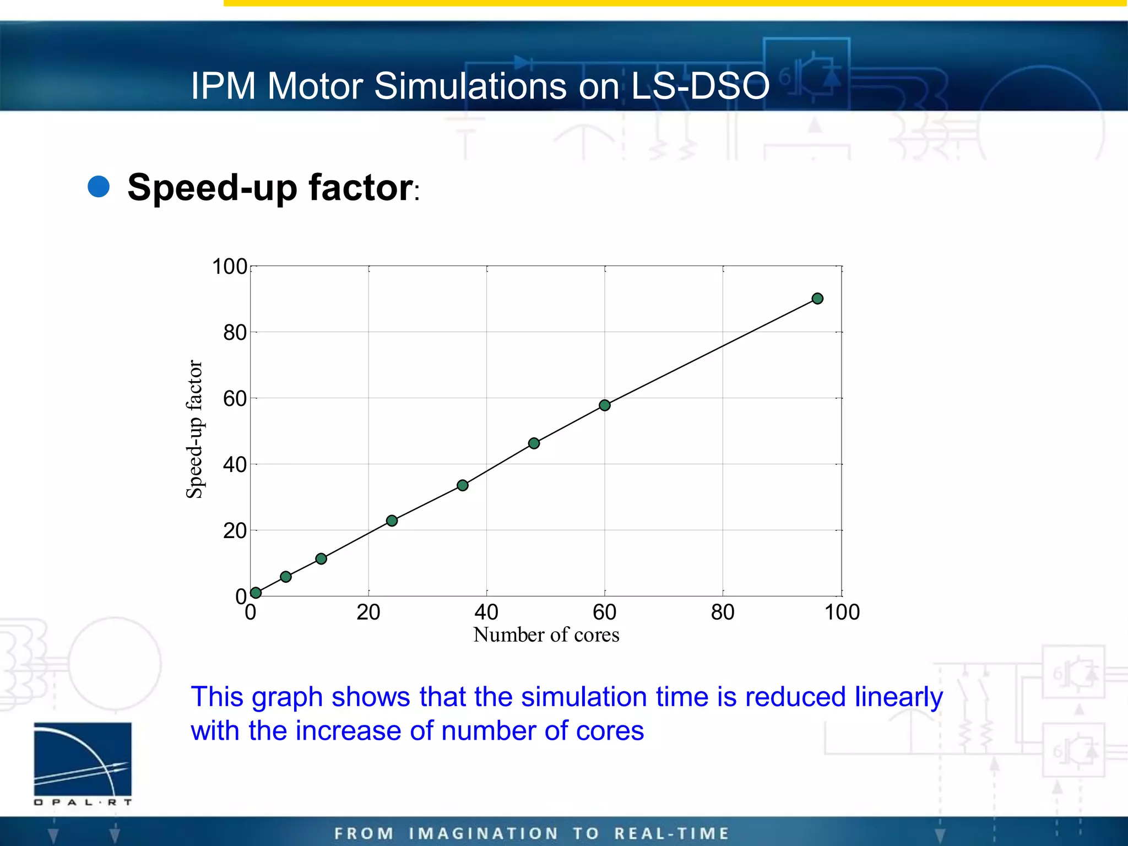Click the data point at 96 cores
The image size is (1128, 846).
click(x=817, y=299)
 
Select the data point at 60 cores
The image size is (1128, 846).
click(x=604, y=405)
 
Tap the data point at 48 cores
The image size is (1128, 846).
click(x=534, y=443)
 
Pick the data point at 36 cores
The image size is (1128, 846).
click(x=463, y=485)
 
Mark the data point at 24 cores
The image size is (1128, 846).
click(x=392, y=520)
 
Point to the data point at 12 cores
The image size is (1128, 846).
click(x=321, y=559)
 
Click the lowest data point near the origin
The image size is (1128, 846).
click(x=256, y=593)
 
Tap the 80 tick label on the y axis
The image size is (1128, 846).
click(x=235, y=333)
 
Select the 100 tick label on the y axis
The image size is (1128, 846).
click(x=229, y=267)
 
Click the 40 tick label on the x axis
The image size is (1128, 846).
click(x=486, y=612)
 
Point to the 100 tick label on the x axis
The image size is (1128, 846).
click(x=842, y=612)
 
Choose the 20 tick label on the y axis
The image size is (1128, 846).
click(x=235, y=531)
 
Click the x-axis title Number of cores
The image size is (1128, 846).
click(x=546, y=635)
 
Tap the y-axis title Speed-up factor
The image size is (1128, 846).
click(x=194, y=430)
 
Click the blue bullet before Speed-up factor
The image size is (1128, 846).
click(x=99, y=187)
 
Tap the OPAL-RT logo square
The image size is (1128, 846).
click(x=83, y=759)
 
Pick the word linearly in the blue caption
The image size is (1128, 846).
click(x=898, y=697)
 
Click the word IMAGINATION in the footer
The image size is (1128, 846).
click(x=484, y=833)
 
